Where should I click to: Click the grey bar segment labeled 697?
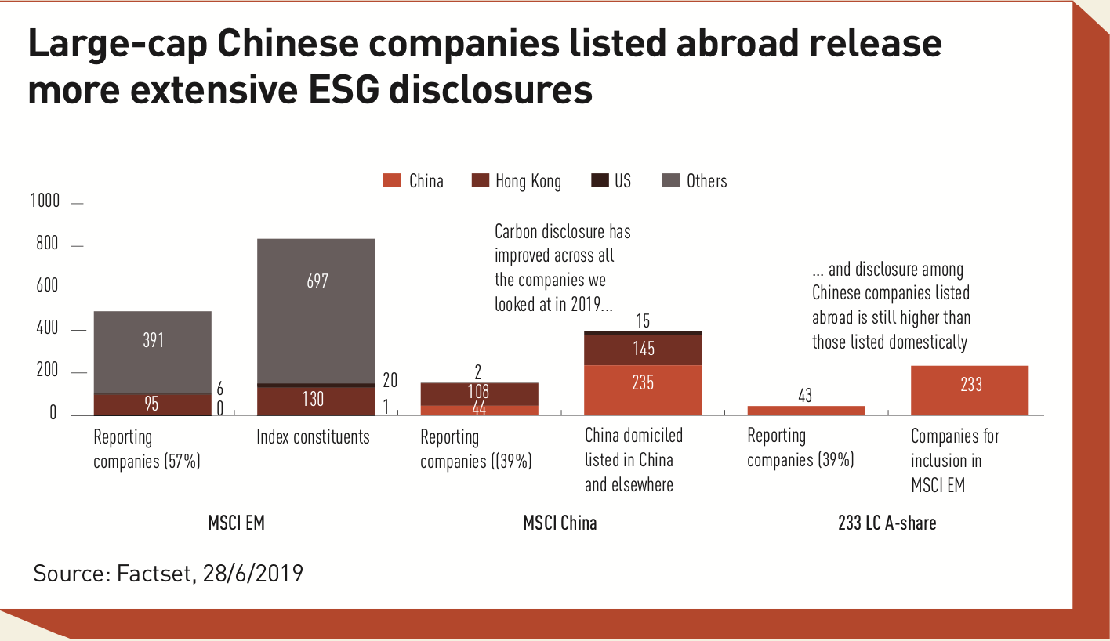pyautogui.click(x=316, y=311)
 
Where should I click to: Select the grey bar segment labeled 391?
pyautogui.click(x=152, y=352)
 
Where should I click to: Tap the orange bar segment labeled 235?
pyautogui.click(x=643, y=389)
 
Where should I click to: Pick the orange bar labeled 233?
pyautogui.click(x=970, y=389)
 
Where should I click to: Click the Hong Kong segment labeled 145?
pyautogui.click(x=643, y=349)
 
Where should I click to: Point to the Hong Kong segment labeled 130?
pyautogui.click(x=316, y=400)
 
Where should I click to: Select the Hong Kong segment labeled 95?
pyautogui.click(x=152, y=404)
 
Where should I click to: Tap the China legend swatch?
pyautogui.click(x=392, y=181)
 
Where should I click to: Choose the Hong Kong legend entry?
pyautogui.click(x=517, y=181)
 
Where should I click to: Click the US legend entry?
pyautogui.click(x=611, y=181)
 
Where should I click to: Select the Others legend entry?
pyautogui.click(x=695, y=181)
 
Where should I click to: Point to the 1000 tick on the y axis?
pyautogui.click(x=45, y=202)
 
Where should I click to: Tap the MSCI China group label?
pyautogui.click(x=560, y=523)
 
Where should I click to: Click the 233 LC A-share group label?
pyautogui.click(x=887, y=523)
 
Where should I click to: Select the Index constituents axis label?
pyautogui.click(x=313, y=437)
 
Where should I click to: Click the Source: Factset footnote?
pyautogui.click(x=168, y=574)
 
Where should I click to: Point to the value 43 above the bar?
pyautogui.click(x=805, y=396)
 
